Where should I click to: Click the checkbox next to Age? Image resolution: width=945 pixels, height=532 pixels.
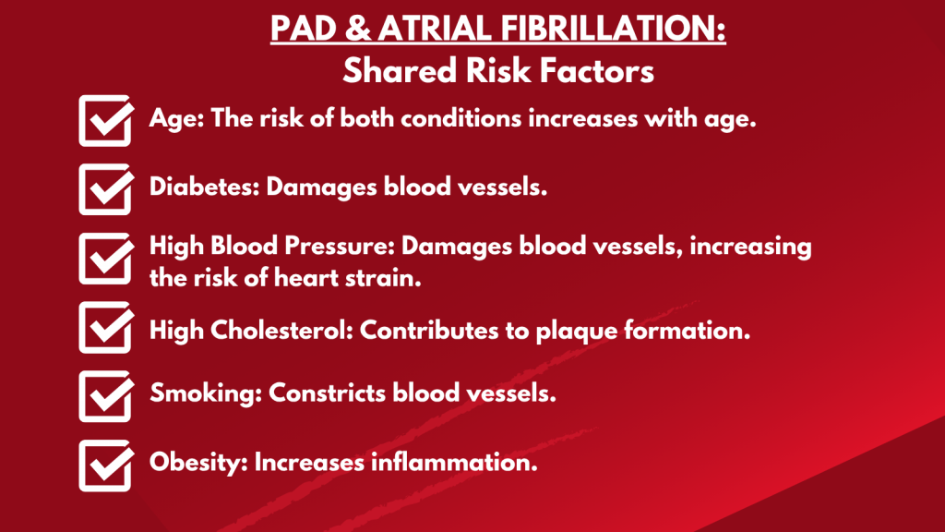[x=104, y=121]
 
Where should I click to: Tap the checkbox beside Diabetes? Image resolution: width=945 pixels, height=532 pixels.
[x=104, y=188]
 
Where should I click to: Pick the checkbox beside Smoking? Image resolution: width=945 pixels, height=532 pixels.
[x=104, y=394]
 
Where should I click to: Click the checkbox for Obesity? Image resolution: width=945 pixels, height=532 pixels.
[x=104, y=464]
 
